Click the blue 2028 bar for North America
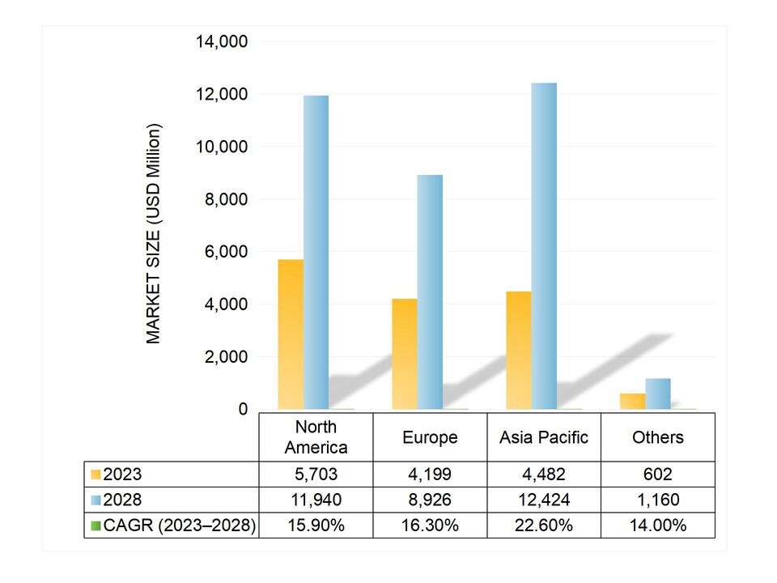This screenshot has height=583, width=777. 316,252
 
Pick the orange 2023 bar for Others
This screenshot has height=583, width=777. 633,401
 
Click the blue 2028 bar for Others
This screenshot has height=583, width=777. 657,394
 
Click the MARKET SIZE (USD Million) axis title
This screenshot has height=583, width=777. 154,233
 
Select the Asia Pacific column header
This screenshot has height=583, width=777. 543,437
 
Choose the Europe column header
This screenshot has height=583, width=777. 430,437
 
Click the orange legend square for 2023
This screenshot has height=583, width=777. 96,474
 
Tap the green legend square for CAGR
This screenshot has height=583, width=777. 96,526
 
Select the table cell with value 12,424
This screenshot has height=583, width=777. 543,500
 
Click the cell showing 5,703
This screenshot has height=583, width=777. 316,474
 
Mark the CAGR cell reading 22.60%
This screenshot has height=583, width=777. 543,526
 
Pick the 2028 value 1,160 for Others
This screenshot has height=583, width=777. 657,500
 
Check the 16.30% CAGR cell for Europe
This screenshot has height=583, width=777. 430,526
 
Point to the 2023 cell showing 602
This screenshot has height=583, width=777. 657,474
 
